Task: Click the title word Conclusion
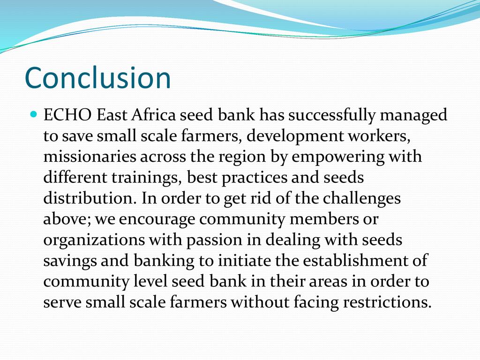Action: pos(97,78)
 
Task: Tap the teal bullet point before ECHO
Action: pos(34,115)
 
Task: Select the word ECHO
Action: pos(67,115)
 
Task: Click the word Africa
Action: pos(154,115)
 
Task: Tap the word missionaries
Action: pos(90,157)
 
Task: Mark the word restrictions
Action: pos(387,302)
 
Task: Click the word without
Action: pos(260,302)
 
